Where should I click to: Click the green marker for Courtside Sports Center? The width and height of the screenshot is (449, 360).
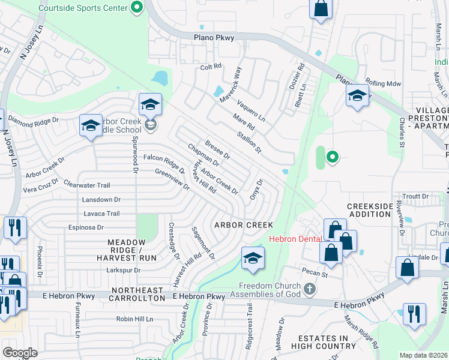137,8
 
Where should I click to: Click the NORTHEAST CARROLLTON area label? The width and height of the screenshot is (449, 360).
137,294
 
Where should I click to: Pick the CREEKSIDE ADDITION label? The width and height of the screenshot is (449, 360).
370,210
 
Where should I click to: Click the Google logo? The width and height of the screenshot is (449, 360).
20,352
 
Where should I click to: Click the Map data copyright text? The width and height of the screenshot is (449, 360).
423,355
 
